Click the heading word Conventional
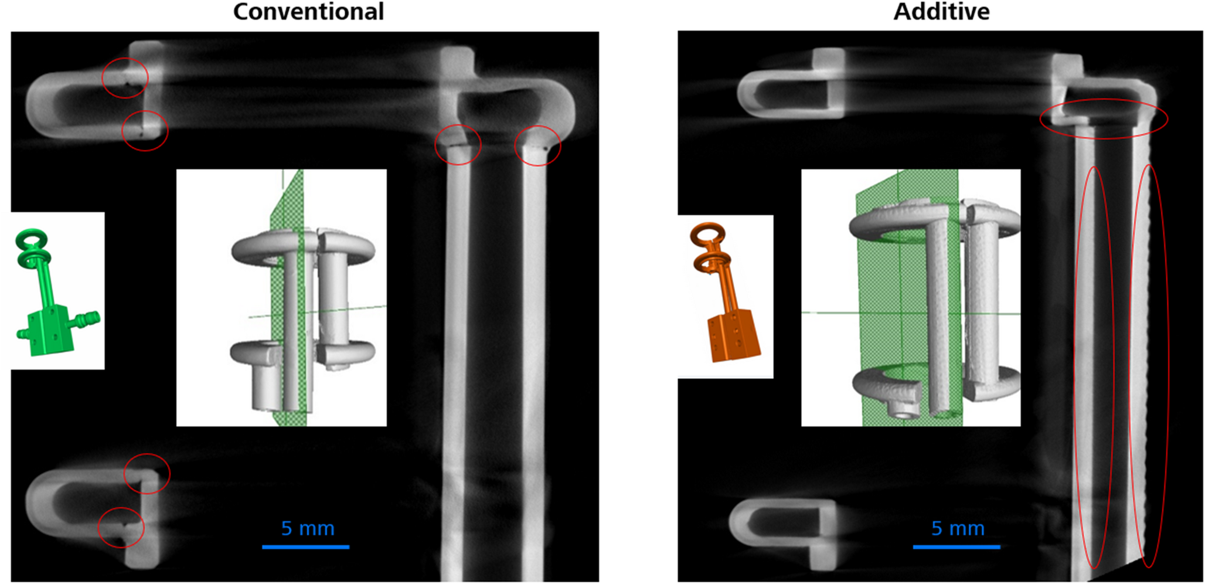coord(308,12)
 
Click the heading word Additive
coord(941,12)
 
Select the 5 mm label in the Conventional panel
coord(308,528)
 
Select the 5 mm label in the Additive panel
coord(958,528)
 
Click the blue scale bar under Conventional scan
coord(305,547)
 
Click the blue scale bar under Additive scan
coord(956,547)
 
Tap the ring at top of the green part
coord(31,240)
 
